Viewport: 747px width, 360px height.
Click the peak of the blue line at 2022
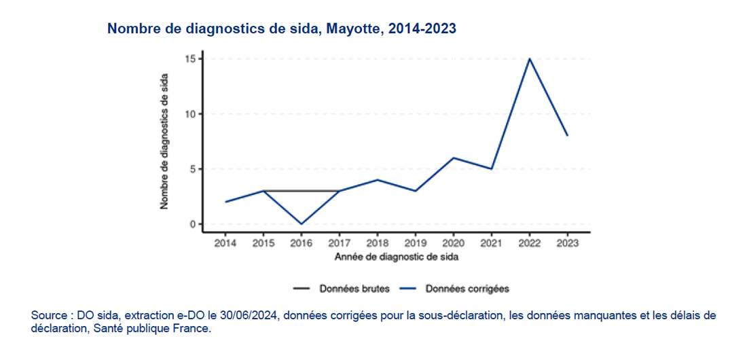click(529, 59)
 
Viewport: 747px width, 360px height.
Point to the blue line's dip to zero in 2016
click(301, 223)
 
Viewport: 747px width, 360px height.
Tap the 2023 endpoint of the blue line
click(567, 136)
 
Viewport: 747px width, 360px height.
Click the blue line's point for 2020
click(453, 158)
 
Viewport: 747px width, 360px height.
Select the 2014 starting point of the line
click(225, 202)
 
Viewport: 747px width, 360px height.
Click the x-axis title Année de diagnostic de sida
click(396, 257)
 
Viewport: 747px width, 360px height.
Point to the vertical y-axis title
click(164, 141)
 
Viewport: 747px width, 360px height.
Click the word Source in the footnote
click(47, 316)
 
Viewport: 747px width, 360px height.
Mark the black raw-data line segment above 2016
click(301, 191)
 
